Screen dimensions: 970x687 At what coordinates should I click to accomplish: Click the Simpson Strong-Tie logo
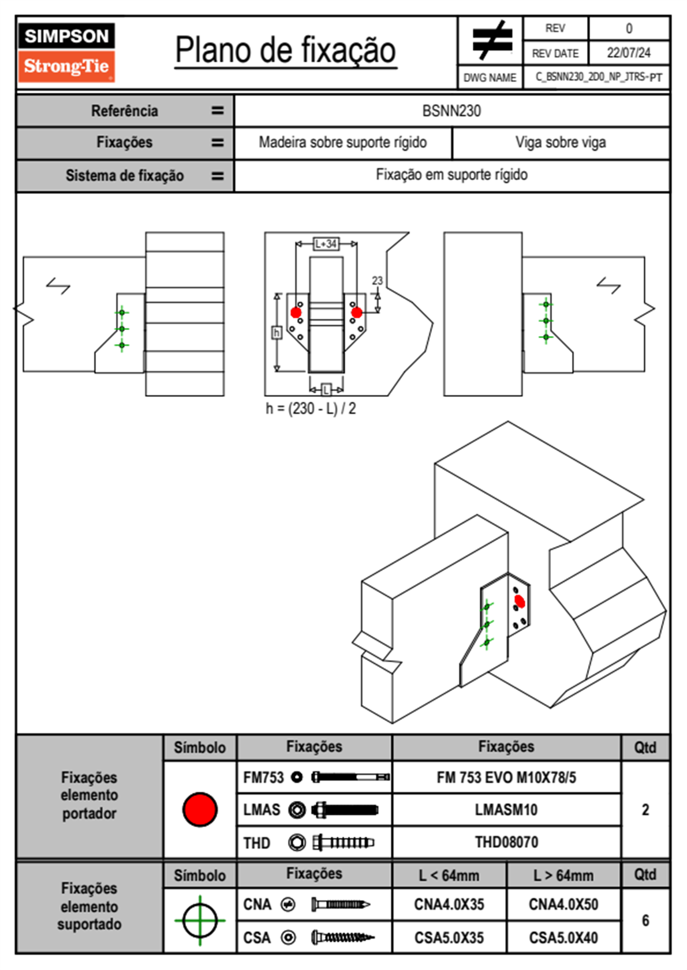click(x=66, y=52)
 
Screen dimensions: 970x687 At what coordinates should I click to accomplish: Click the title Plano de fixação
click(x=285, y=50)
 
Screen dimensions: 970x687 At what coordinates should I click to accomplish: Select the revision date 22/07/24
click(x=628, y=53)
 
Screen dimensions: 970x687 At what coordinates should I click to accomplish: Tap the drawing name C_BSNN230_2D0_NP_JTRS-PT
click(x=598, y=77)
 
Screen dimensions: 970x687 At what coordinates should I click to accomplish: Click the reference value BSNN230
click(x=451, y=111)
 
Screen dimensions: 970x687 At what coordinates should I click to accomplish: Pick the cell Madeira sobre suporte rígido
click(x=342, y=142)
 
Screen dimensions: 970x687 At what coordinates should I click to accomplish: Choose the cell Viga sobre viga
click(x=561, y=142)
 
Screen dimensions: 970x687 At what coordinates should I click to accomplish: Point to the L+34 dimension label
click(x=326, y=244)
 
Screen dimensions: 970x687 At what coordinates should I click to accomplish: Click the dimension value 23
click(x=377, y=280)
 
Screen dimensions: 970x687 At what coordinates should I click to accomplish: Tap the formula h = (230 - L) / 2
click(x=311, y=409)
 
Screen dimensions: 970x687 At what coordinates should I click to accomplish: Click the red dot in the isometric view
click(x=520, y=601)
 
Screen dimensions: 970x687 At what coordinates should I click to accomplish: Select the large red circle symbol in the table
click(x=200, y=809)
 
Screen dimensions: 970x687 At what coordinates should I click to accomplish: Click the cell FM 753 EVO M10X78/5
click(x=506, y=778)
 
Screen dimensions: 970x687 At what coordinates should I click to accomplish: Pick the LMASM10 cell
click(x=506, y=810)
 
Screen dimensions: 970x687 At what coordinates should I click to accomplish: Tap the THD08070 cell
click(x=506, y=843)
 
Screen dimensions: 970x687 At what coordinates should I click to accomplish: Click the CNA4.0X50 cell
click(x=563, y=904)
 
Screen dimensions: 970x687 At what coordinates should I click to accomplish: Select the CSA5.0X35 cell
click(x=449, y=938)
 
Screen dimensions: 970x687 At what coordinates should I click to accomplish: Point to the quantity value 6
click(x=645, y=920)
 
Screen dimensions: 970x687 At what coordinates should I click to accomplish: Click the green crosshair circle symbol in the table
click(x=200, y=920)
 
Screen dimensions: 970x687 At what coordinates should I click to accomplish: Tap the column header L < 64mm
click(x=449, y=875)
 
